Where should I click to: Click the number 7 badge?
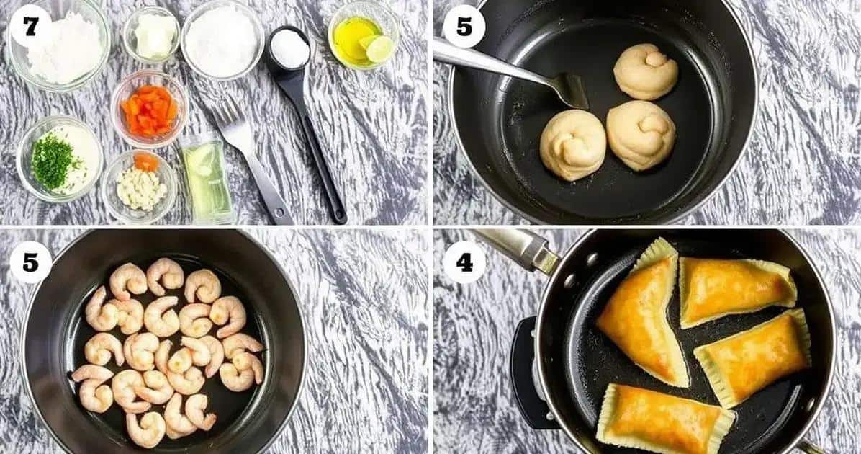[x=30, y=26]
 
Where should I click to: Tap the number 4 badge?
[x=464, y=262]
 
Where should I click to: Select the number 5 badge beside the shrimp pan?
[x=30, y=262]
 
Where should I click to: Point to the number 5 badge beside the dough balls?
[x=464, y=26]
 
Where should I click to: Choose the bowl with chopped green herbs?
[x=60, y=159]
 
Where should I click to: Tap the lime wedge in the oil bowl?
[x=379, y=48]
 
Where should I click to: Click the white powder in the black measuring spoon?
[x=289, y=48]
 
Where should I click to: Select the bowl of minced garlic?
[x=140, y=186]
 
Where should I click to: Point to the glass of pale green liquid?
[x=207, y=179]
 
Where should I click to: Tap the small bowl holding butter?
[x=152, y=35]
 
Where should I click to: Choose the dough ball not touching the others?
[x=646, y=71]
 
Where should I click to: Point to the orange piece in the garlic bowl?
[x=146, y=161]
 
